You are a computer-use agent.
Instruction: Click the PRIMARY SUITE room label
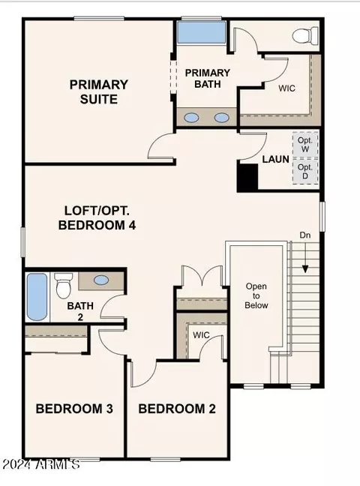coord(98,91)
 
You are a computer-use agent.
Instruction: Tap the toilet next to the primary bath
coord(305,35)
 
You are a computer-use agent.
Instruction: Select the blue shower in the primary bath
coord(201,32)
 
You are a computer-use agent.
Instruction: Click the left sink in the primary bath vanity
coord(191,118)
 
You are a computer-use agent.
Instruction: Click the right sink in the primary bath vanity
coord(221,118)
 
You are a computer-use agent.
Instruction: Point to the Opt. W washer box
coord(305,145)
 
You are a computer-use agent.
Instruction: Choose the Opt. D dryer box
coord(305,172)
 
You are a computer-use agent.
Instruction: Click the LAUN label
coord(276,159)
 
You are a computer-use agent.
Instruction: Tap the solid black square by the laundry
coord(247,178)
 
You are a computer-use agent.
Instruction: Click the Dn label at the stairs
coord(305,235)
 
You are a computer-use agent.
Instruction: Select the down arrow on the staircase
coord(305,257)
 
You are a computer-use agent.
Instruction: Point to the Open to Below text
coord(256,295)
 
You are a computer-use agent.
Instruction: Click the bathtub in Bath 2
coord(37,297)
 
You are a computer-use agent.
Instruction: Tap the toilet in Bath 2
coord(64,286)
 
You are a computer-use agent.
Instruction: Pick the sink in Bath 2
coord(101,280)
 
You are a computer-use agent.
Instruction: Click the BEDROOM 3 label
coord(74,409)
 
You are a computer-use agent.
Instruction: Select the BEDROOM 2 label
coord(177,409)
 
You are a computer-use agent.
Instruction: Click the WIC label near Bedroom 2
coord(201,334)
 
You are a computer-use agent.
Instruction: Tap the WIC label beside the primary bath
coord(286,88)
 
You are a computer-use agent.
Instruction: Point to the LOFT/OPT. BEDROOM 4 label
coord(97,218)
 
